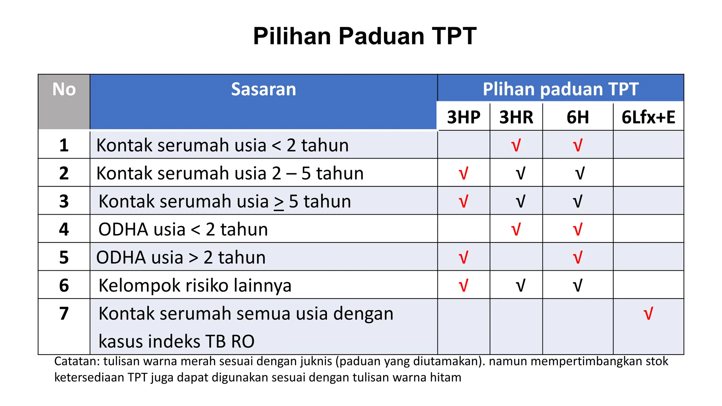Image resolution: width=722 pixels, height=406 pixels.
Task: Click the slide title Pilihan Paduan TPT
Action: coord(365,36)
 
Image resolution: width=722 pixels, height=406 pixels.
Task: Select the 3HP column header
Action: coord(464,117)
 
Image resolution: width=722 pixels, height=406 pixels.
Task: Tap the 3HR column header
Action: coord(516,117)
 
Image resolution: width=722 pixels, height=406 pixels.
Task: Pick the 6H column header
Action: coord(577,117)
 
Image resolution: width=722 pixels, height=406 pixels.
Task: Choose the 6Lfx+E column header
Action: coord(648,117)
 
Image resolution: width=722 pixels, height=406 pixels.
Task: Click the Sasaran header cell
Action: coord(263,89)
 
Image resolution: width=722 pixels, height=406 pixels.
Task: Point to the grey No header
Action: coord(64,90)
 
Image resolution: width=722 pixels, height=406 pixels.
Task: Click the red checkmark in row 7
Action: coord(648,313)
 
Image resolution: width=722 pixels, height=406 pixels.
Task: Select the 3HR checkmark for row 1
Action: coord(516,145)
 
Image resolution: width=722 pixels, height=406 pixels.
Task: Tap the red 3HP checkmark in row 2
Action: coord(464,173)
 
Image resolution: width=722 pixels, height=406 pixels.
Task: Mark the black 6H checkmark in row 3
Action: coord(577,201)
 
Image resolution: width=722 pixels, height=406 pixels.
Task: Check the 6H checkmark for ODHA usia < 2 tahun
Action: coord(577,229)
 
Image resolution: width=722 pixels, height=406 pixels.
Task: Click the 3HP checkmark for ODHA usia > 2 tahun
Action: coord(464,257)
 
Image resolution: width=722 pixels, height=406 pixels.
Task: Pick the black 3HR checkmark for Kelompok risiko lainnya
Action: coord(520,285)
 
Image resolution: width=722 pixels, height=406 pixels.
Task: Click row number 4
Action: coord(64,229)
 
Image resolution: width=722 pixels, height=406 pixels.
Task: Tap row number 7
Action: coord(64,313)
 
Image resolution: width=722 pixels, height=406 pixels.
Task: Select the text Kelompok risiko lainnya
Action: coord(195,285)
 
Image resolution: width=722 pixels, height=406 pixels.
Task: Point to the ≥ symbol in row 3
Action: coord(279,202)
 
